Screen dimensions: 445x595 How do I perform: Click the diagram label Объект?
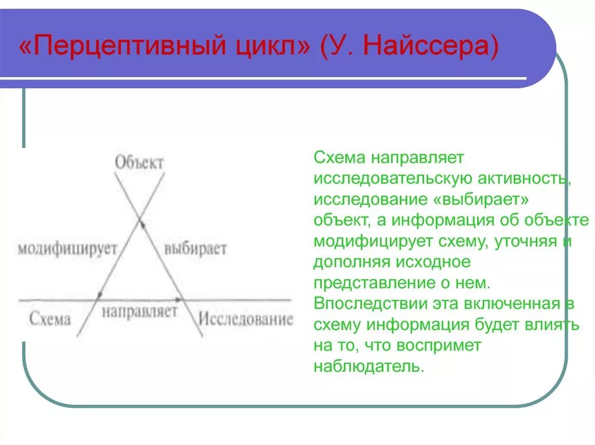[139, 162]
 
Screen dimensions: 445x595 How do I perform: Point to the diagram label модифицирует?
[67, 249]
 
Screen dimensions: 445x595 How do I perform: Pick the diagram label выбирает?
[195, 249]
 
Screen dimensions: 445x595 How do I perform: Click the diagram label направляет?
[139, 312]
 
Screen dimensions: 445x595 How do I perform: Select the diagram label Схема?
[49, 319]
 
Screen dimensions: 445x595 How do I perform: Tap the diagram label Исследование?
[246, 319]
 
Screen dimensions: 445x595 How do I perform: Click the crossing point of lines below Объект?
[139, 220]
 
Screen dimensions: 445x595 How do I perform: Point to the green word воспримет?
[439, 345]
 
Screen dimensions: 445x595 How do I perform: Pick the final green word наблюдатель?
[366, 366]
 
